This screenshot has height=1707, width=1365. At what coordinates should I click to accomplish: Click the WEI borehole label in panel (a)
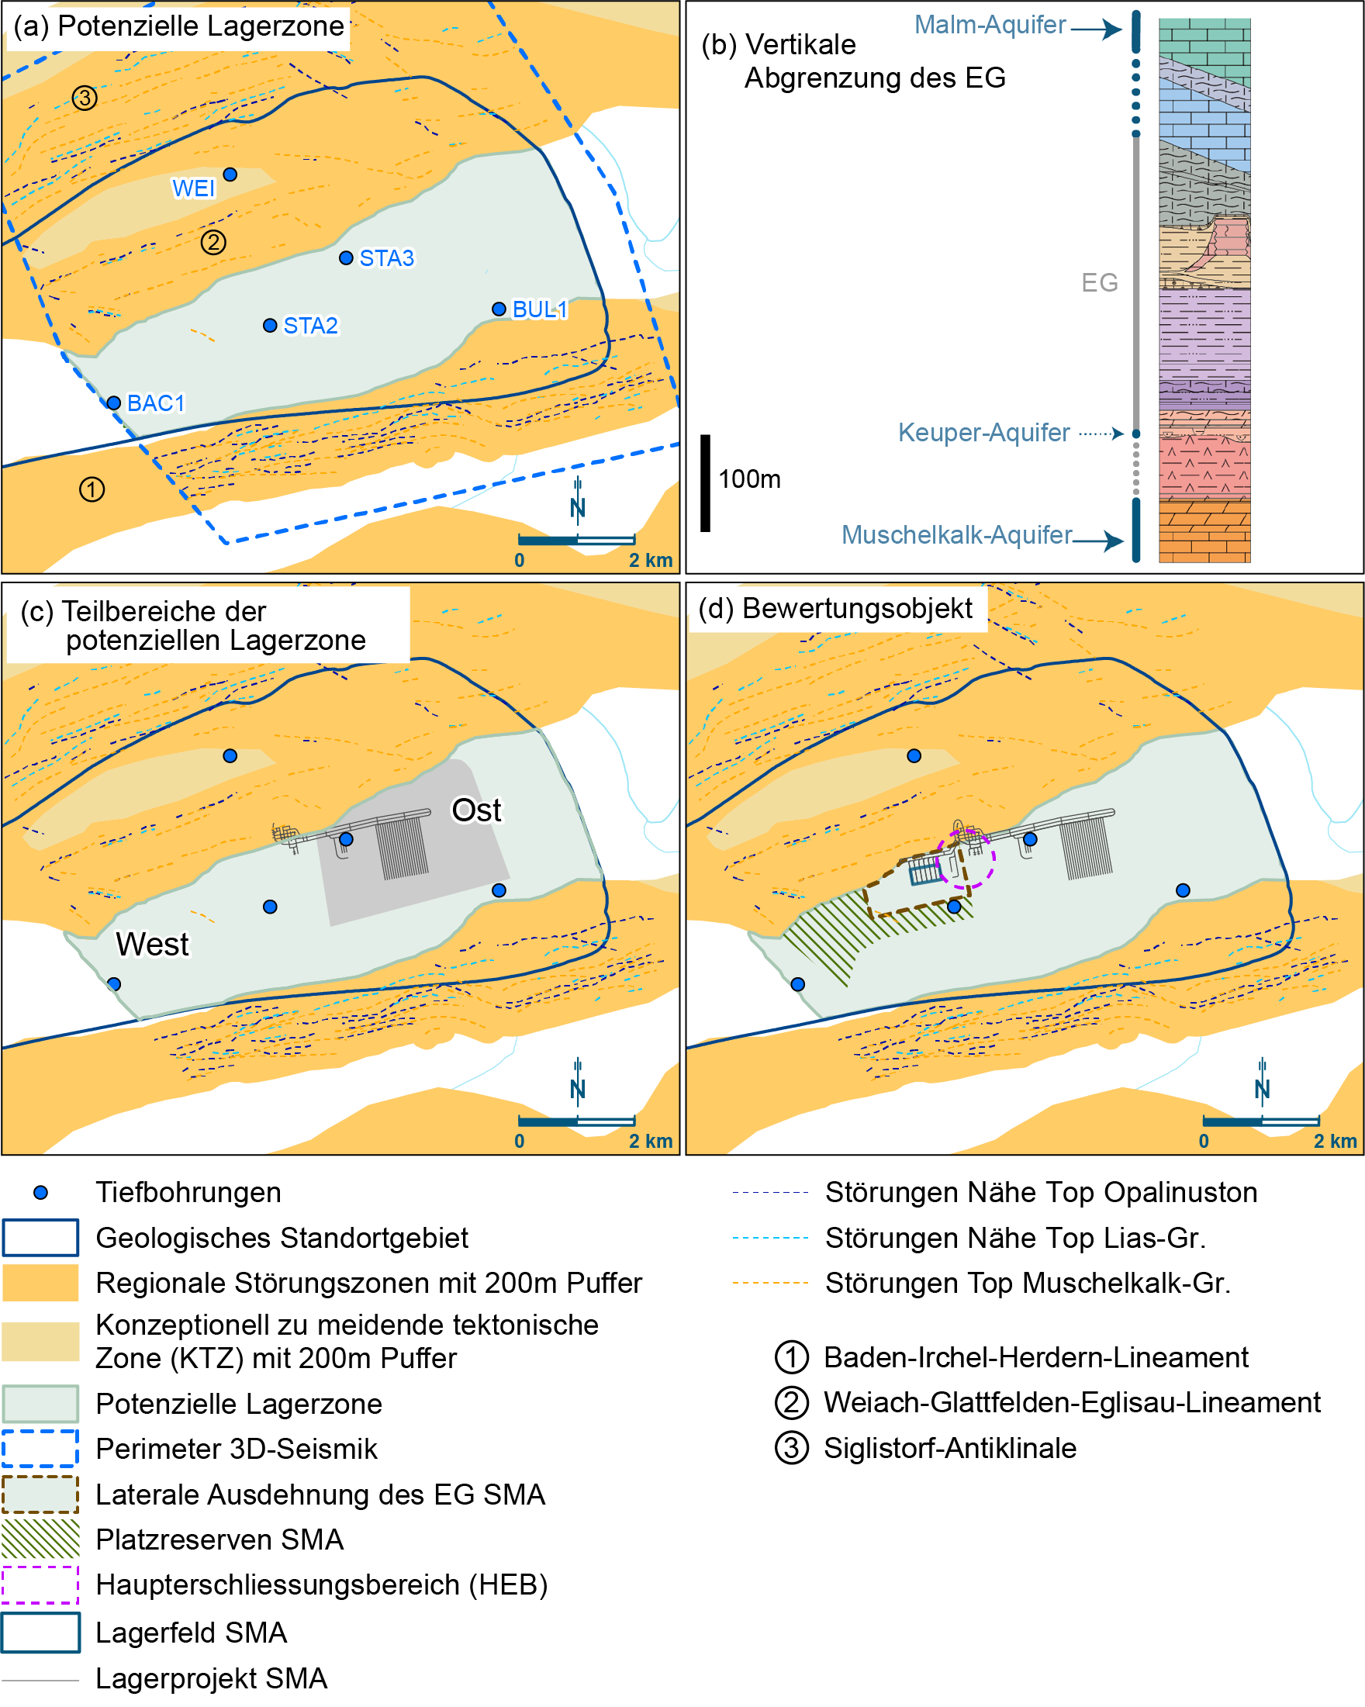pyautogui.click(x=194, y=188)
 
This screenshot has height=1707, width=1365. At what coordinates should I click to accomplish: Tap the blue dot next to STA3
pyautogui.click(x=346, y=258)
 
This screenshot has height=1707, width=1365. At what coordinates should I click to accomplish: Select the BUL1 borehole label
pyautogui.click(x=540, y=309)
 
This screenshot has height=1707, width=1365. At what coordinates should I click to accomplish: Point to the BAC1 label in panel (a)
pyautogui.click(x=156, y=403)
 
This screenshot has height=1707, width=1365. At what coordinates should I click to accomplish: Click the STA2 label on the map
pyautogui.click(x=310, y=326)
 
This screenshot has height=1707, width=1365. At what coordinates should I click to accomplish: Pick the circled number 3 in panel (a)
pyautogui.click(x=85, y=98)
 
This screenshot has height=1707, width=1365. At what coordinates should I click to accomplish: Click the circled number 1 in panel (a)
pyautogui.click(x=92, y=489)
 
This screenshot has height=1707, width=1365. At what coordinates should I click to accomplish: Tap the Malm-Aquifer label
pyautogui.click(x=990, y=26)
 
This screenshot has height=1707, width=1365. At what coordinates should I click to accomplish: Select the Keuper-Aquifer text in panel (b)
pyautogui.click(x=983, y=432)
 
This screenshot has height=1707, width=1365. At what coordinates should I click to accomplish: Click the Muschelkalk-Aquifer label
pyautogui.click(x=956, y=535)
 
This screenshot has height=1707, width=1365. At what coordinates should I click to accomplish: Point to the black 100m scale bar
pyautogui.click(x=705, y=483)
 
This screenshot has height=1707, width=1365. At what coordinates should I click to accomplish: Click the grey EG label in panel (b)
pyautogui.click(x=1099, y=282)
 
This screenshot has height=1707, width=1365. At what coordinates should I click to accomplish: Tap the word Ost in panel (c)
pyautogui.click(x=476, y=810)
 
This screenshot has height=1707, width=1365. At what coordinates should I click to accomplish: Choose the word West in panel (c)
pyautogui.click(x=152, y=944)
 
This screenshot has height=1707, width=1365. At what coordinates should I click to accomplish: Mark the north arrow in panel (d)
pyautogui.click(x=1262, y=1080)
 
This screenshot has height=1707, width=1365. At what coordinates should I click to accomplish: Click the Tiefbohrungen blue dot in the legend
pyautogui.click(x=40, y=1192)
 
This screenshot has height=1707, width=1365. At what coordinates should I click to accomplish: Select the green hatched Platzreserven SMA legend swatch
pyautogui.click(x=40, y=1539)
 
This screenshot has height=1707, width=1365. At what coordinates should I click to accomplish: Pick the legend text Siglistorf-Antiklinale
pyautogui.click(x=949, y=1448)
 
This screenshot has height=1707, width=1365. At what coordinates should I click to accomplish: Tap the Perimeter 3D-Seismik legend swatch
pyautogui.click(x=40, y=1449)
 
